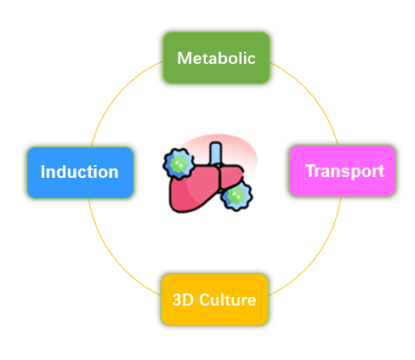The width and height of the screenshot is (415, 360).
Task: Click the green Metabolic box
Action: click(216, 58)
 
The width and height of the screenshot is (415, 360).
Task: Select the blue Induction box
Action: click(81, 173)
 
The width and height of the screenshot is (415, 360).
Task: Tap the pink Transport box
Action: click(342, 171)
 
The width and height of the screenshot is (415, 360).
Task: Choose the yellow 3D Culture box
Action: click(214, 300)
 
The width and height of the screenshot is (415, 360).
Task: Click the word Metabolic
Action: click(216, 58)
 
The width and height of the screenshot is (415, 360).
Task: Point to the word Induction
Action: click(79, 172)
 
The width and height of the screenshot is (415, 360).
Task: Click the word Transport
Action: click(344, 171)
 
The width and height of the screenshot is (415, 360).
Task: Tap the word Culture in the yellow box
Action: click(228, 300)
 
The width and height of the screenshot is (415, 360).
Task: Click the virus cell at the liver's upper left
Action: click(179, 163)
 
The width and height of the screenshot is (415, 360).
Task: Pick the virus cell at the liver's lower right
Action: click(236, 196)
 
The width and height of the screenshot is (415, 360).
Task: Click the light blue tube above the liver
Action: click(216, 153)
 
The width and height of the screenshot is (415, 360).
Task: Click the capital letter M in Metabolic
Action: click(184, 58)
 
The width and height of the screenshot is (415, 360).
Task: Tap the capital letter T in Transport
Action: click(310, 171)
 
